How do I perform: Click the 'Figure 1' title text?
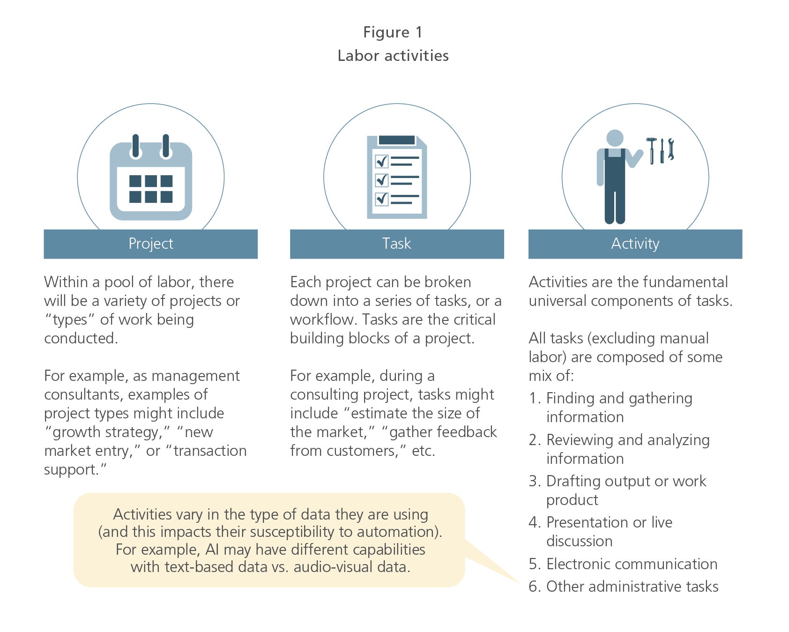pos(393,32)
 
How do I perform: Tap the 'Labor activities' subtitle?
pos(393,55)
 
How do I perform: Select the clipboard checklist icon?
pos(397,177)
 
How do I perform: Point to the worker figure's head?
pos(615,138)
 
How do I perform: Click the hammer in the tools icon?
pos(651,150)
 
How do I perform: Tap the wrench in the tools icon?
pos(671,149)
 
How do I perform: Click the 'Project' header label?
pos(151,244)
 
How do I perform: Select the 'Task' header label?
pos(396,244)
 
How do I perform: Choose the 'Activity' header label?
pos(635,244)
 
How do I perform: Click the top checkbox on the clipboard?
pos(382,162)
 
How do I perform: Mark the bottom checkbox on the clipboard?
pos(382,199)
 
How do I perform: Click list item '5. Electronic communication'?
pos(623,564)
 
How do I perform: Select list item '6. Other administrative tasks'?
pos(624,586)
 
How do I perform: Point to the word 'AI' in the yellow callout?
pos(212,549)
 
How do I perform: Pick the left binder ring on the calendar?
pos(136,147)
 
